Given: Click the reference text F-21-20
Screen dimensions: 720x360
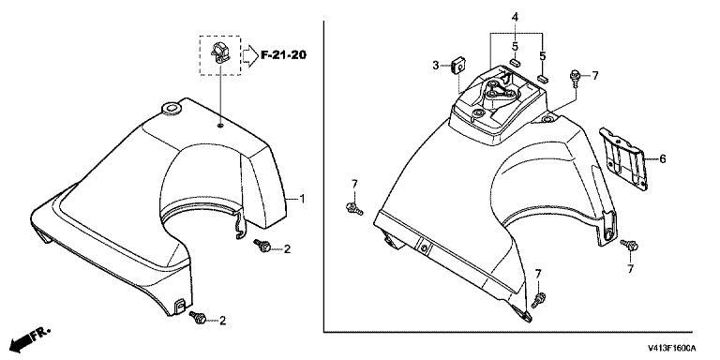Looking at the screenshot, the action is pyautogui.click(x=284, y=55).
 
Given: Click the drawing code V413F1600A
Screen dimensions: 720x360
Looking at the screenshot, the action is pyautogui.click(x=672, y=348).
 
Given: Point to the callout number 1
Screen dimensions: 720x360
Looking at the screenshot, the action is pyautogui.click(x=302, y=199).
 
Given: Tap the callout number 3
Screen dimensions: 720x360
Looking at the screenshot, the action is pyautogui.click(x=436, y=66).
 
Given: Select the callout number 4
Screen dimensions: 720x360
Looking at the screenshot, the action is pyautogui.click(x=516, y=18).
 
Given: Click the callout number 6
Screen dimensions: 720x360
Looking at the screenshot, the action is pyautogui.click(x=662, y=159).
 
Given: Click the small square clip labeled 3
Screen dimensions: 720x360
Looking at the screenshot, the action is pyautogui.click(x=457, y=65).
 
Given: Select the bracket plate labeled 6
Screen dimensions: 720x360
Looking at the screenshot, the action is pyautogui.click(x=624, y=157).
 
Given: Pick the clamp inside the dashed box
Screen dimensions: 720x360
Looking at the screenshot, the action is pyautogui.click(x=219, y=52).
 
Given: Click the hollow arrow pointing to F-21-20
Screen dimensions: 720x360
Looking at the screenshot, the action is pyautogui.click(x=250, y=55).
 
